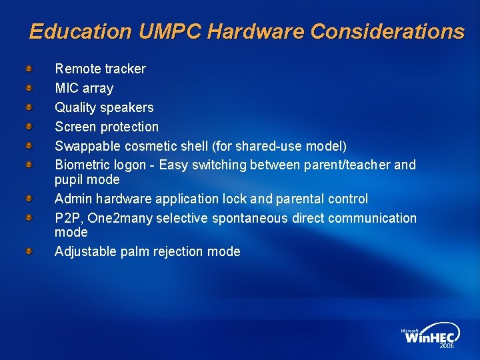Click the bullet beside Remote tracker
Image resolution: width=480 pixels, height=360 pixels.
click(x=29, y=68)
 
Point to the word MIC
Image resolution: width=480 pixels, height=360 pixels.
click(x=67, y=88)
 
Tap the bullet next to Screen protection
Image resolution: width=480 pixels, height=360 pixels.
click(x=29, y=126)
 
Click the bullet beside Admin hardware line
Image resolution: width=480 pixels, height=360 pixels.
click(x=29, y=198)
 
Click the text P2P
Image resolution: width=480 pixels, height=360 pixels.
click(x=67, y=218)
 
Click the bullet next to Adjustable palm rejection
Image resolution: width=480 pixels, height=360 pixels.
click(x=29, y=251)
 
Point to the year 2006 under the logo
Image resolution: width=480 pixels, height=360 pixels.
click(x=447, y=347)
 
